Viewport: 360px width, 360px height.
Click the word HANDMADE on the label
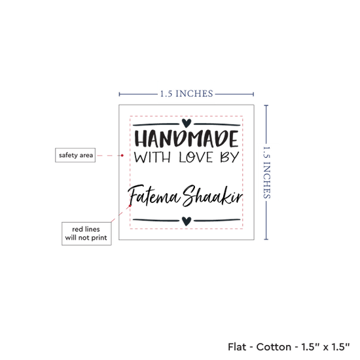point(186,139)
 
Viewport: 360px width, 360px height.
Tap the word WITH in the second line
point(153,157)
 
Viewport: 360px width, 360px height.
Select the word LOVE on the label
point(196,157)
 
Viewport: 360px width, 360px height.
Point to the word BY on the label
point(230,157)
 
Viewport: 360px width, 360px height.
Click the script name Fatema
point(154,196)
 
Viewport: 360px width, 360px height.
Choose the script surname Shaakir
point(212,196)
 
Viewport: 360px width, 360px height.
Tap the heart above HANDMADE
point(186,123)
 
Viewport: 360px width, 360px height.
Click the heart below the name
point(186,221)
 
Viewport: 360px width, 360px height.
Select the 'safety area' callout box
point(75,155)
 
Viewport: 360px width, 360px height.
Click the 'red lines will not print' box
point(86,234)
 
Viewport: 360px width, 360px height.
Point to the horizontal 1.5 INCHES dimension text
point(187,94)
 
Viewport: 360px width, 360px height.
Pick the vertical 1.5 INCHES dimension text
point(266,172)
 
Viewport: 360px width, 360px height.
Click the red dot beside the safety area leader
point(122,155)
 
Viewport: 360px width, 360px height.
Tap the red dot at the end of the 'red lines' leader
point(130,206)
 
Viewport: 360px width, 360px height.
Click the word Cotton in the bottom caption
point(274,347)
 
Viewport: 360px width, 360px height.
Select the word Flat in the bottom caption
point(237,347)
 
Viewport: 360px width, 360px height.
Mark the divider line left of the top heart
point(156,124)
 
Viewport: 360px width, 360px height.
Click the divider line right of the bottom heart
point(217,221)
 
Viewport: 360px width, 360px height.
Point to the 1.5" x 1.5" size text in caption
point(325,347)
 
